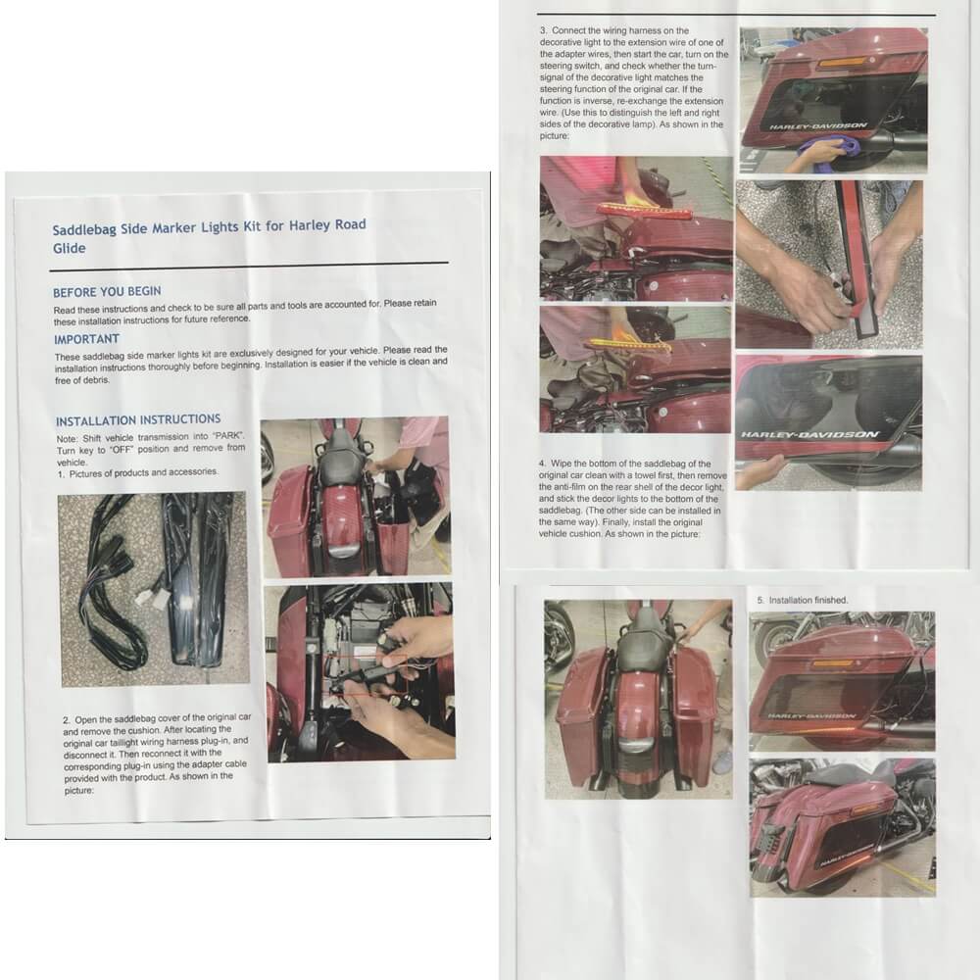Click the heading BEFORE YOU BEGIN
pos(107,292)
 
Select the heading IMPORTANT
pos(86,339)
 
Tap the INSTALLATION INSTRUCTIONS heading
pos(138,420)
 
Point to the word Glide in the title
pos(69,249)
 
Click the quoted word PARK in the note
pos(228,436)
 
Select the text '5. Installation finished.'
pos(802,600)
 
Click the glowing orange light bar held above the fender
pos(629,344)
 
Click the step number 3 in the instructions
pos(543,30)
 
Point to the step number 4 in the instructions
pos(542,464)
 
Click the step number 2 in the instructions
pos(67,720)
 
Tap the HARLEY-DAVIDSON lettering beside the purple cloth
pos(818,125)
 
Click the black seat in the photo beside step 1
pos(341,451)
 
